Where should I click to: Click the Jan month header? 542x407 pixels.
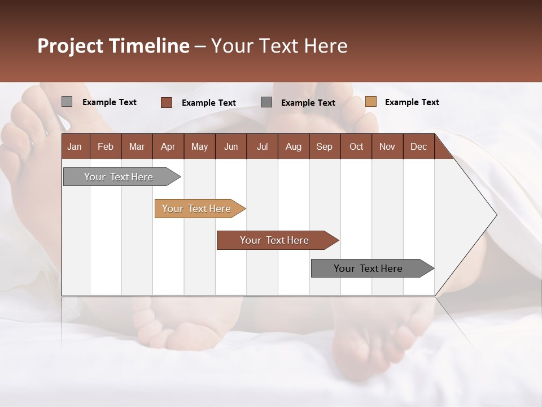(75, 146)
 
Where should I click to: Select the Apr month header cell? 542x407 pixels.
(168, 146)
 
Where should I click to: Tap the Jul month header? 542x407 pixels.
(262, 146)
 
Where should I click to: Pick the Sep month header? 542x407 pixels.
(324, 146)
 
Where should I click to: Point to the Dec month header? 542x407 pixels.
(418, 146)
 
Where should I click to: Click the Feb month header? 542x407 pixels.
(106, 146)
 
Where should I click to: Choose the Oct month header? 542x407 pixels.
(356, 146)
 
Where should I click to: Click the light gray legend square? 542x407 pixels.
(67, 102)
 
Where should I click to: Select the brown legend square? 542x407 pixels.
(166, 102)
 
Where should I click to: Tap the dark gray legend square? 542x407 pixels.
(266, 102)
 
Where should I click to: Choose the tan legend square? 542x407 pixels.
(370, 102)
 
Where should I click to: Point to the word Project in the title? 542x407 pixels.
(70, 46)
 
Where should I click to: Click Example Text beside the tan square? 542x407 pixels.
(412, 102)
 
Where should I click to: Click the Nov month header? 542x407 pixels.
(387, 146)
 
